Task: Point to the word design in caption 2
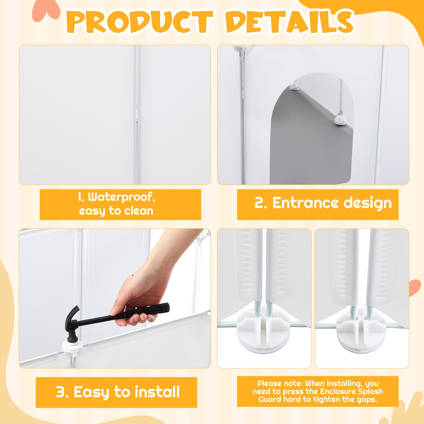[x=368, y=204]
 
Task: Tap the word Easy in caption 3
[x=91, y=392]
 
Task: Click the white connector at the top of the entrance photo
[x=240, y=49]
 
